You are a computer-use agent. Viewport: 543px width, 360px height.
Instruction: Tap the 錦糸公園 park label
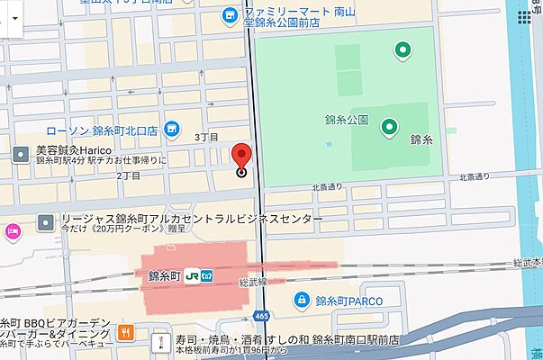(347, 120)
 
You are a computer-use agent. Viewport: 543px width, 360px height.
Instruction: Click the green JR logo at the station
(191, 277)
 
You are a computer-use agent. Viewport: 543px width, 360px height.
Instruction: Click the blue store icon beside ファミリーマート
(230, 14)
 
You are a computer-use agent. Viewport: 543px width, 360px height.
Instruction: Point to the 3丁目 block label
(207, 136)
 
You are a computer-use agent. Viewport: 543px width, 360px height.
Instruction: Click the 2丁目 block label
(129, 176)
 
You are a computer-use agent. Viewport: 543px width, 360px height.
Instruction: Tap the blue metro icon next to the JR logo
(205, 277)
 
